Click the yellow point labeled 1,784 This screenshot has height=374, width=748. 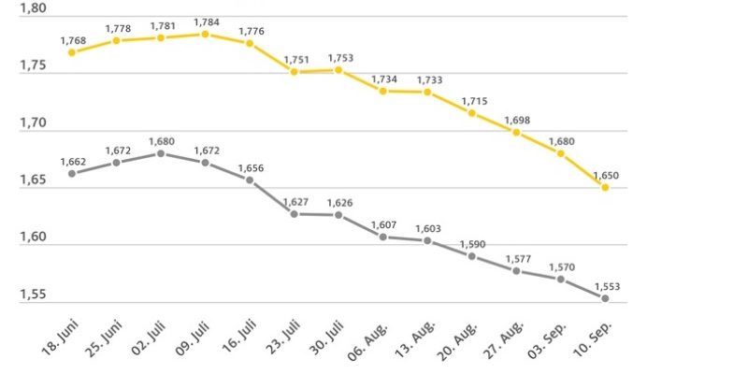click(205, 35)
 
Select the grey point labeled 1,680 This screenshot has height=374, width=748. click(161, 153)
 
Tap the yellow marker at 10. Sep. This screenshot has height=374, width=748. click(605, 188)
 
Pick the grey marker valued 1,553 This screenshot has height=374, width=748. click(605, 298)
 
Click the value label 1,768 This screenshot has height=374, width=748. click(73, 39)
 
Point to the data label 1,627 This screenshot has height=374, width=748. click(295, 201)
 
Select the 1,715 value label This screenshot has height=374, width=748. click(472, 99)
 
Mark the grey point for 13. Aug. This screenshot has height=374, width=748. click(427, 241)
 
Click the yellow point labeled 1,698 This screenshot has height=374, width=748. click(516, 132)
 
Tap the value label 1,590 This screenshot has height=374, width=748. click(472, 243)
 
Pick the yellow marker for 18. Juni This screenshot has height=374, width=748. click(72, 52)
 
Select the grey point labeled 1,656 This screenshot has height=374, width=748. click(250, 180)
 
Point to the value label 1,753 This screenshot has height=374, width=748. click(339, 57)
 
